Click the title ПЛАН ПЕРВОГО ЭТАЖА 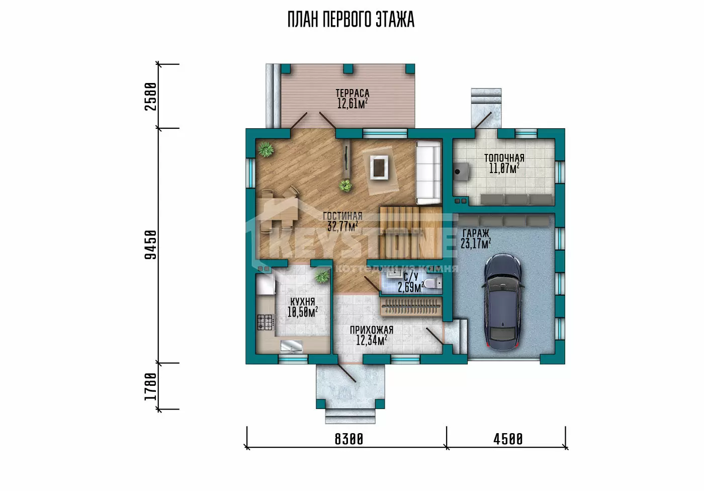click(x=351, y=20)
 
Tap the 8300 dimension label click(x=349, y=439)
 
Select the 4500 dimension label click(x=508, y=439)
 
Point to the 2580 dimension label click(x=150, y=97)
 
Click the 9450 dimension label click(x=150, y=245)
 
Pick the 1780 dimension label click(x=150, y=387)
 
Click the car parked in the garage click(x=503, y=302)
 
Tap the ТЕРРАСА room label click(x=353, y=94)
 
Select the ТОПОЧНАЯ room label click(x=504, y=158)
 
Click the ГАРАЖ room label click(x=476, y=233)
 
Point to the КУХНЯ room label click(x=302, y=302)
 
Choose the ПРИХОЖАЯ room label click(x=372, y=330)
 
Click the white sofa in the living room click(x=428, y=173)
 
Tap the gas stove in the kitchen click(x=265, y=322)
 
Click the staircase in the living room click(x=411, y=232)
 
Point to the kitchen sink click(x=291, y=347)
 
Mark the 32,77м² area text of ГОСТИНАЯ click(x=342, y=226)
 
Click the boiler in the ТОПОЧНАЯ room click(x=461, y=172)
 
